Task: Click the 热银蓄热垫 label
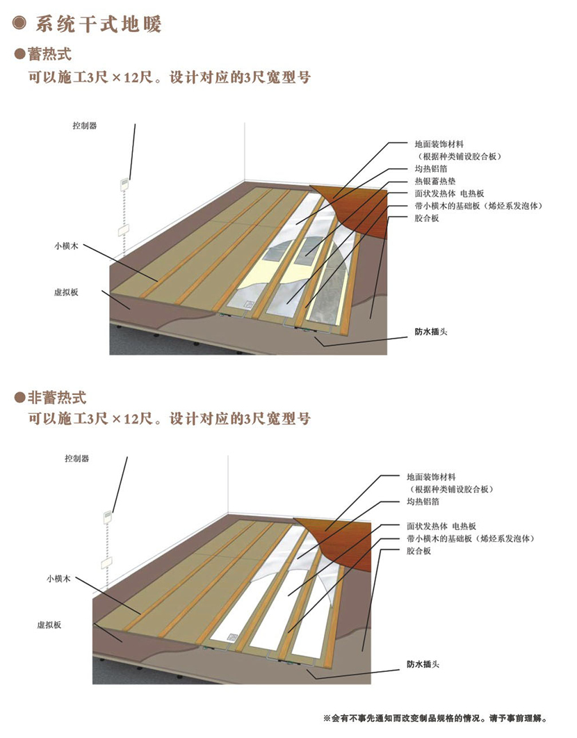pos(434,181)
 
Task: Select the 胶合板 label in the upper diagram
pos(427,218)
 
